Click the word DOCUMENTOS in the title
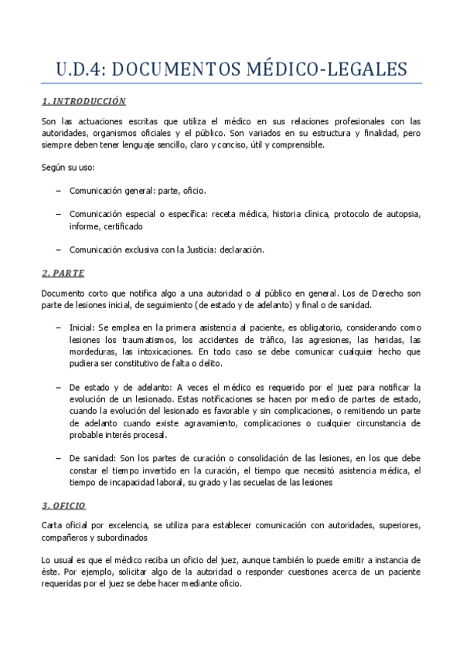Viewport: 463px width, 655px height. point(179,70)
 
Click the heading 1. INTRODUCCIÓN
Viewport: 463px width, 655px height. point(83,101)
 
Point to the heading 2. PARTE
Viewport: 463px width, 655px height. point(63,273)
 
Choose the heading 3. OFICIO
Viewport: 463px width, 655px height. point(63,505)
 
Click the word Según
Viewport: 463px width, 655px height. point(55,168)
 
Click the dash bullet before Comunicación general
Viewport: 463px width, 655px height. point(60,190)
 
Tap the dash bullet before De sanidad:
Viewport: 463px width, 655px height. point(60,458)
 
